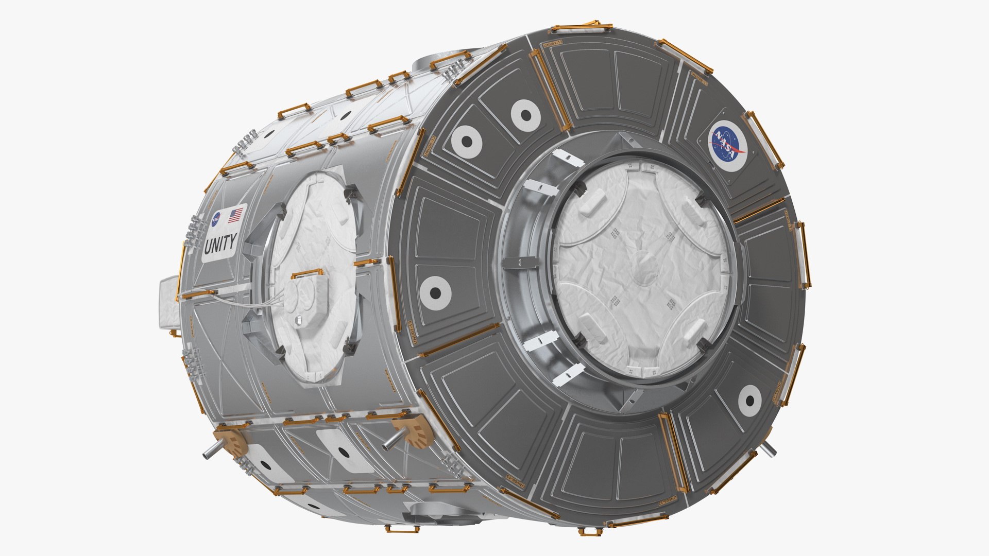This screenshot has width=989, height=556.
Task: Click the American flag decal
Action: pos(236,215)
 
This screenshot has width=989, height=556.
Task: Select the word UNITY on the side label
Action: pos(220,244)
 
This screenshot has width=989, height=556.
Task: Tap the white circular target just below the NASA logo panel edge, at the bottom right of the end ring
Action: pos(749,401)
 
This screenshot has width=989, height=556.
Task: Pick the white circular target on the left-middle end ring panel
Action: pos(435,292)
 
